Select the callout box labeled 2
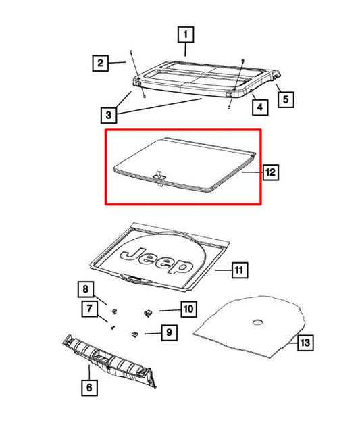(99, 64)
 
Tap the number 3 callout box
(109, 115)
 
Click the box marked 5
(286, 99)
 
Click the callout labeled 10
(188, 309)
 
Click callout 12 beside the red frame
(270, 173)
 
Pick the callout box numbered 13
(305, 343)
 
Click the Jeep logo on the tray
(155, 260)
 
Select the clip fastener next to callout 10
(148, 312)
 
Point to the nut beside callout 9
(136, 332)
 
